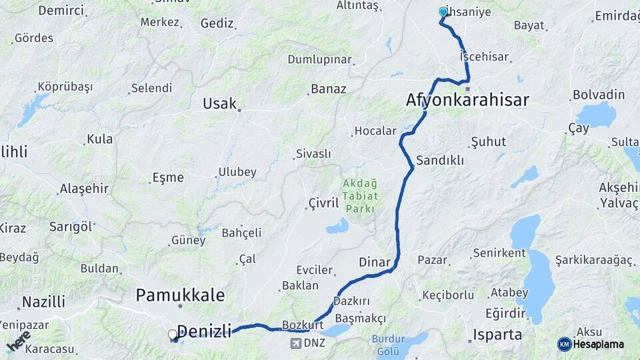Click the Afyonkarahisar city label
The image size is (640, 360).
pyautogui.click(x=467, y=100)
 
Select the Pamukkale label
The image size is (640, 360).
pyautogui.click(x=180, y=295)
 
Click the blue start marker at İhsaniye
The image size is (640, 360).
pyautogui.click(x=443, y=11)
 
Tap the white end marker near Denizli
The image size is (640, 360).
pyautogui.click(x=173, y=334)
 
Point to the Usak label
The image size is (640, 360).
pyautogui.click(x=220, y=103)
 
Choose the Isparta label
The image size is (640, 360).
pyautogui.click(x=497, y=334)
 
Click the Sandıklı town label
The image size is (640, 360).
pyautogui.click(x=439, y=160)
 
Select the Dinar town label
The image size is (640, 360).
pyautogui.click(x=374, y=262)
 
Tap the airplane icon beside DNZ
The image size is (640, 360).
pyautogui.click(x=295, y=343)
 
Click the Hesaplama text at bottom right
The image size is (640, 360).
pyautogui.click(x=599, y=344)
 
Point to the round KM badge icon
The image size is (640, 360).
pyautogui.click(x=564, y=344)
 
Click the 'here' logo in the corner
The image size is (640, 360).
pyautogui.click(x=18, y=341)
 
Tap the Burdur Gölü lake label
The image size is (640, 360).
pyautogui.click(x=389, y=344)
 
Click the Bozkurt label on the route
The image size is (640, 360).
pyautogui.click(x=303, y=324)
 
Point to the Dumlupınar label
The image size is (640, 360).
pyautogui.click(x=319, y=59)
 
